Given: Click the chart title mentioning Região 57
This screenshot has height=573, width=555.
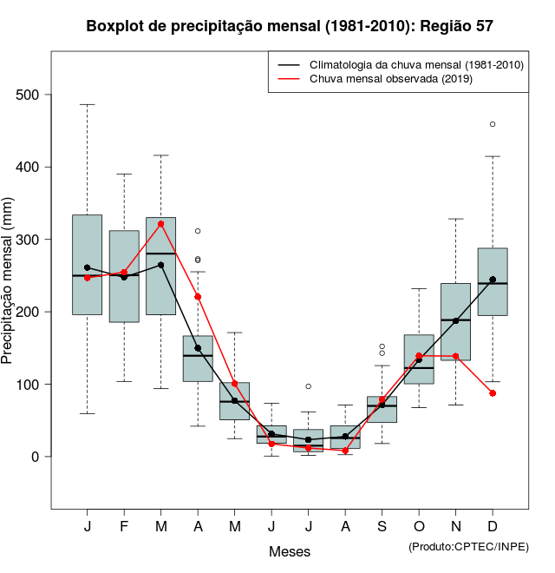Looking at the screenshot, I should (x=290, y=26).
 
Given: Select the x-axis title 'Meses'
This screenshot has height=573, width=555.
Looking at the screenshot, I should (x=290, y=551).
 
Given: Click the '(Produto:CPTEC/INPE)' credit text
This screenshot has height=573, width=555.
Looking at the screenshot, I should (x=468, y=546).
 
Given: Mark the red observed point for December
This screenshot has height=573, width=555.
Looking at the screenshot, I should (x=493, y=393).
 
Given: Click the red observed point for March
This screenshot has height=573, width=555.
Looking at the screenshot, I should (x=161, y=224).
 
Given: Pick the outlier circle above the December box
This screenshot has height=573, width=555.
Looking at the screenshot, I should (x=493, y=124).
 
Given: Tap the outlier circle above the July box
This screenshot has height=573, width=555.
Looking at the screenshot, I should (x=309, y=386).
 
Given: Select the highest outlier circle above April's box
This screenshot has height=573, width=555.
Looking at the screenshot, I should (x=198, y=231).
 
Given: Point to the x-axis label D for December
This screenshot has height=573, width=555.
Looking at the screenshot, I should (x=493, y=527).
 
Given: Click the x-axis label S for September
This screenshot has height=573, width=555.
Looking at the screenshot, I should (x=382, y=527).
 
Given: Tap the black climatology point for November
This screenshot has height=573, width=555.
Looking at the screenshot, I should (x=456, y=321).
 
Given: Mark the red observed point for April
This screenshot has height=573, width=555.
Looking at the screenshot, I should (x=198, y=297).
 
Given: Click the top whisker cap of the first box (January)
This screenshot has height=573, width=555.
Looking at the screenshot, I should (x=87, y=104).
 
